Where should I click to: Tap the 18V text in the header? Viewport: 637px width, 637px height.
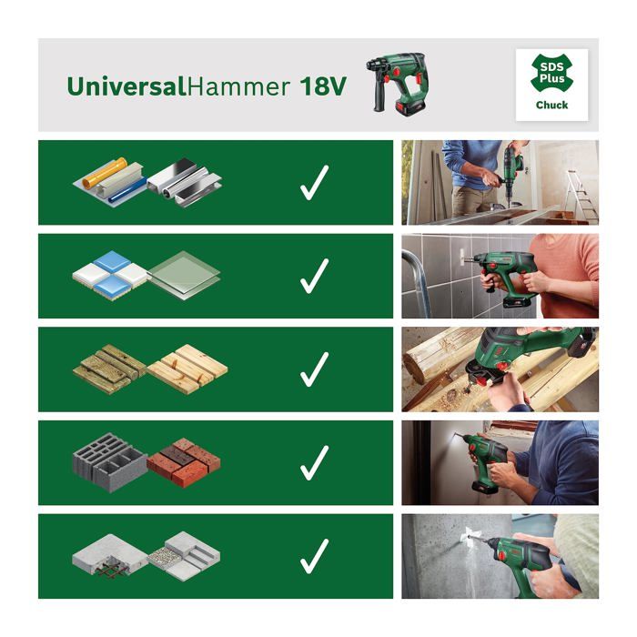(x=324, y=87)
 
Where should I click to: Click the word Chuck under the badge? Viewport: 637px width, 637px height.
(x=551, y=106)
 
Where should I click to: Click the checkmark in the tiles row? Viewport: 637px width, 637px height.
(x=314, y=276)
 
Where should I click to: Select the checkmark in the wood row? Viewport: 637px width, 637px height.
(x=314, y=369)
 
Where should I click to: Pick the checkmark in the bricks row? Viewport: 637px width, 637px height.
(x=314, y=462)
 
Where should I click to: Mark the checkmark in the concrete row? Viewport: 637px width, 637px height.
(x=314, y=555)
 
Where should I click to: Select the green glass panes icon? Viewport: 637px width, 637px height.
(x=184, y=273)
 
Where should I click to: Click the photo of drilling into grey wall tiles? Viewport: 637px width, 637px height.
(x=500, y=276)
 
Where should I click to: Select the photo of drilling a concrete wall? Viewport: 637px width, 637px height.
(x=500, y=555)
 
